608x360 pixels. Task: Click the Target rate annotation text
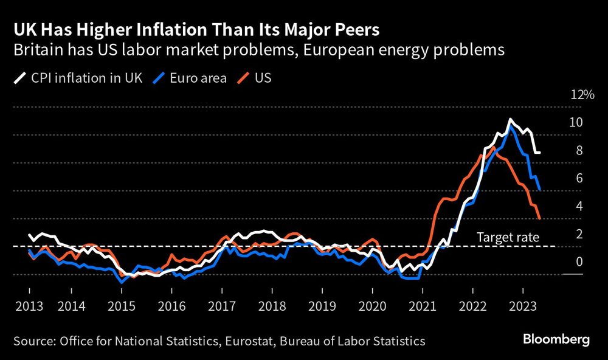pos(508,237)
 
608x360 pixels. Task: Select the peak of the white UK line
pos(510,119)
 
